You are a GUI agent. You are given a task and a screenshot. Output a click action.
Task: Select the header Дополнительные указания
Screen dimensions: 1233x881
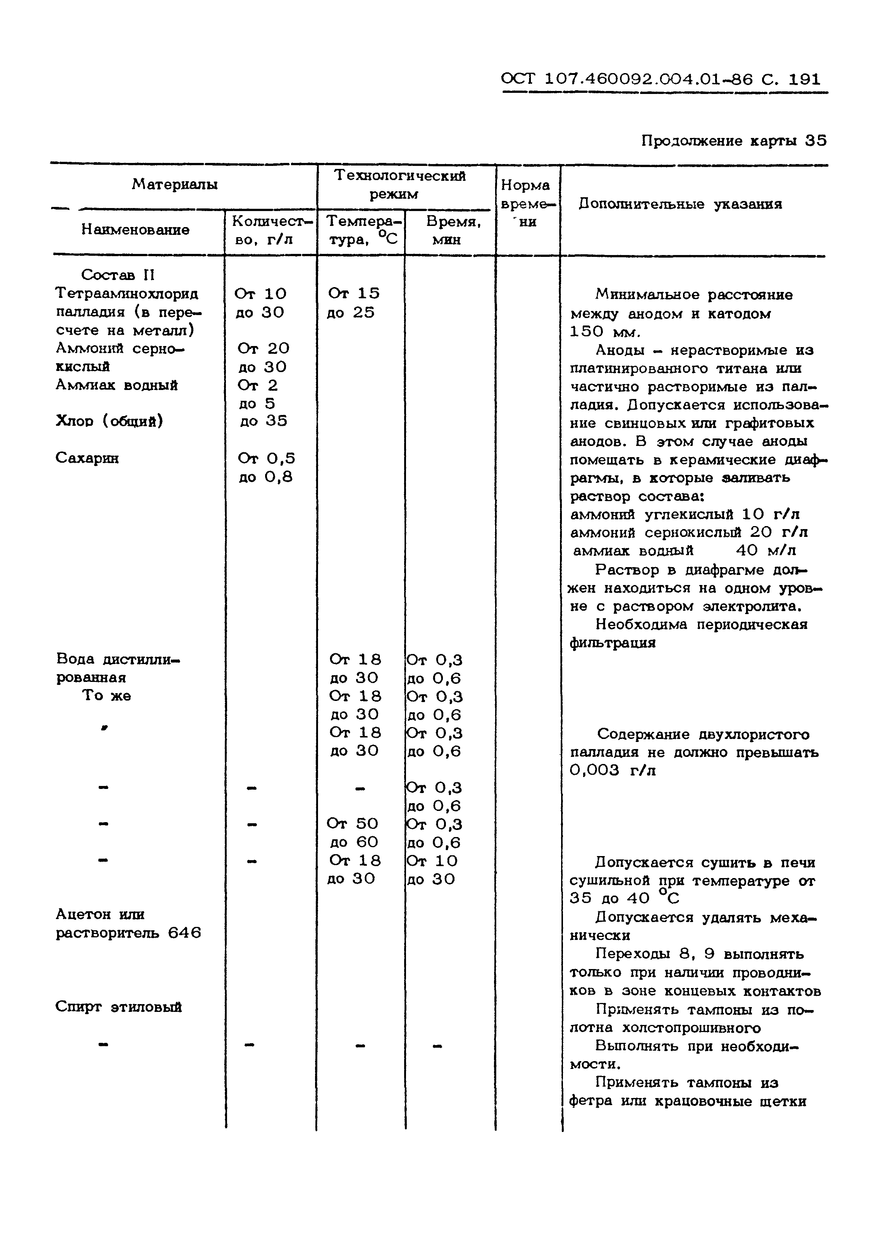pos(680,204)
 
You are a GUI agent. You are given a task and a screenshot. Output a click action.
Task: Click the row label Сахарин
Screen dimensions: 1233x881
pos(87,458)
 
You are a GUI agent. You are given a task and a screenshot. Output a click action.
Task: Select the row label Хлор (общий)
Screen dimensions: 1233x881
pos(109,421)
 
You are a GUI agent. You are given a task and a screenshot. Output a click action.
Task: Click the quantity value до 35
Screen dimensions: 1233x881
pos(263,421)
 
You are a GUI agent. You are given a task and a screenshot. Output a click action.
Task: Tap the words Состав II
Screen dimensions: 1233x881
pos(118,275)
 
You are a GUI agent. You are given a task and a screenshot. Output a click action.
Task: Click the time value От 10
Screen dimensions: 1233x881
pos(432,861)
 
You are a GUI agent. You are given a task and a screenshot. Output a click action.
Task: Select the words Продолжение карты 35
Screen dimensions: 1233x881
pos(733,141)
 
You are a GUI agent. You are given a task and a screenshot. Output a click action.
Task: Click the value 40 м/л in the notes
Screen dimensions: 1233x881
pos(765,551)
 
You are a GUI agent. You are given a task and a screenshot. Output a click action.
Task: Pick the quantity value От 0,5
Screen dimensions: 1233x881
pos(266,458)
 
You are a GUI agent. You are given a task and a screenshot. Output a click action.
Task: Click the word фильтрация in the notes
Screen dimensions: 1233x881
pos(613,643)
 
